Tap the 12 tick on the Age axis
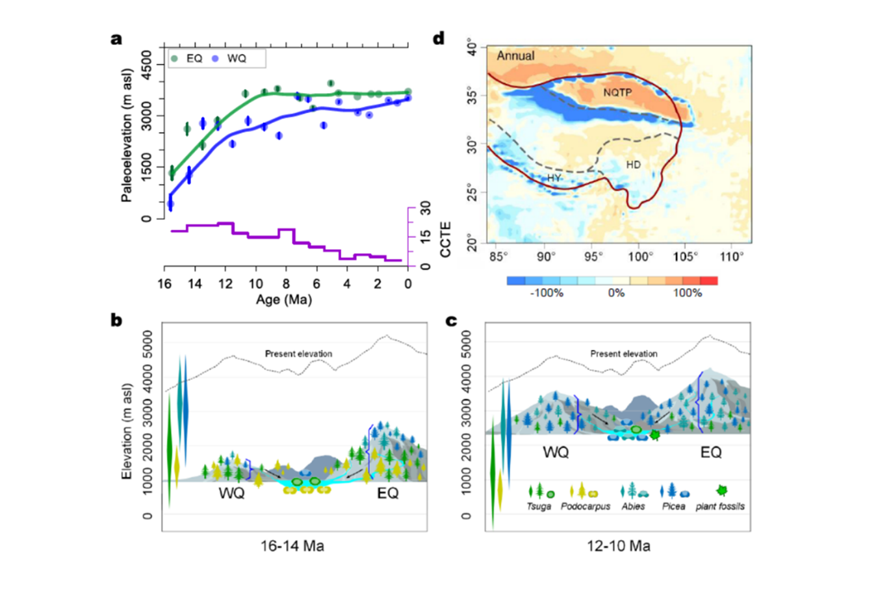pyautogui.click(x=225, y=284)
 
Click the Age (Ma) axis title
pyautogui.click(x=284, y=300)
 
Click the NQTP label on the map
pyautogui.click(x=617, y=93)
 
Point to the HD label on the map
pyautogui.click(x=633, y=164)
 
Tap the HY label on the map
pyautogui.click(x=554, y=178)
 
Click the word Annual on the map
pyautogui.click(x=515, y=56)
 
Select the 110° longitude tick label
pyautogui.click(x=732, y=257)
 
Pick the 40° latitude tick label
pyautogui.click(x=471, y=49)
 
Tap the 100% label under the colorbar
pyautogui.click(x=687, y=293)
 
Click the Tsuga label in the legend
pyautogui.click(x=539, y=506)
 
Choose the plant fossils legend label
pyautogui.click(x=720, y=506)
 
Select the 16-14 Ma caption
pyautogui.click(x=292, y=546)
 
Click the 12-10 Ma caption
pyautogui.click(x=618, y=546)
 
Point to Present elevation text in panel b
pyautogui.click(x=298, y=354)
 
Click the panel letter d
pyautogui.click(x=439, y=39)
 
